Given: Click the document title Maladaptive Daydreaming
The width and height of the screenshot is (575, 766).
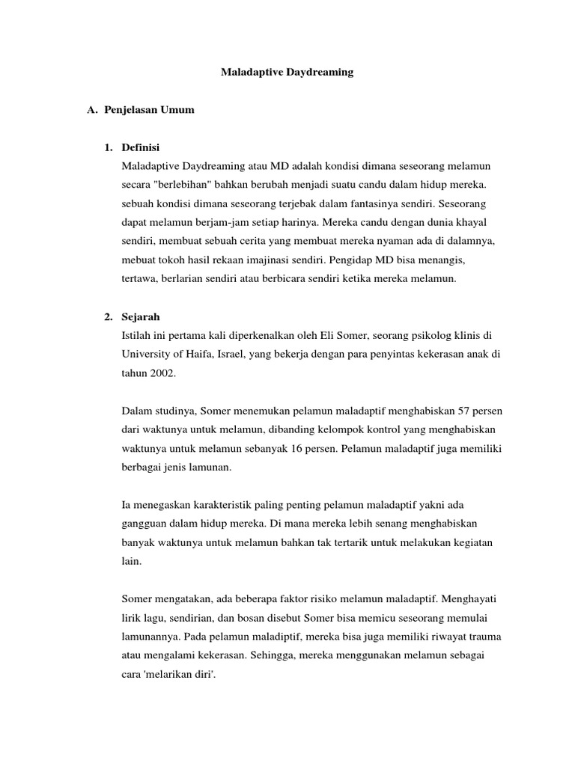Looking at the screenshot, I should [287, 73].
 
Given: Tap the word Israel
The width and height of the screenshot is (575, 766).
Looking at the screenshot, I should [228, 354].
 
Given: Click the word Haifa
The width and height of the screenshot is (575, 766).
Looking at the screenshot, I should [193, 354].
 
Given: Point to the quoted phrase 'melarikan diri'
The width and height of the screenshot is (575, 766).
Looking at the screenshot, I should [175, 672].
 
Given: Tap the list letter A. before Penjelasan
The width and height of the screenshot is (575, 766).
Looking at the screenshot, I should [94, 110].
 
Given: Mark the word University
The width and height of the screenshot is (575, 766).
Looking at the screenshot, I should [144, 354].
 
